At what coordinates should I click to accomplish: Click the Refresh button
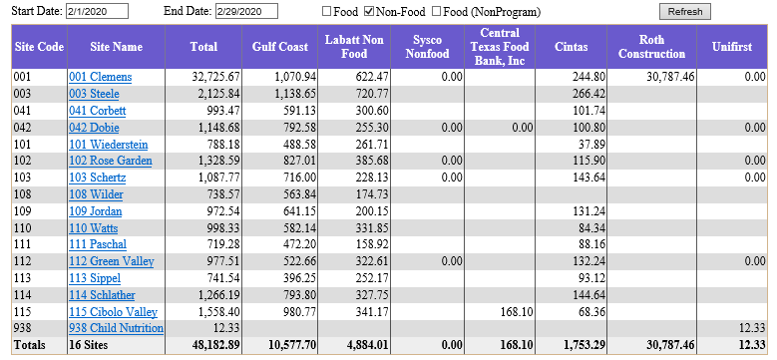pyautogui.click(x=684, y=12)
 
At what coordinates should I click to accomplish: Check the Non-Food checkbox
pyautogui.click(x=369, y=12)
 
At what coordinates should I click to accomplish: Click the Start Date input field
pyautogui.click(x=98, y=12)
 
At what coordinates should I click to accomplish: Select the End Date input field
pyautogui.click(x=245, y=12)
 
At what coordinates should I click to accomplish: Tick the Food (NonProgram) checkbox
pyautogui.click(x=436, y=12)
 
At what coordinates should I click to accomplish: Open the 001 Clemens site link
pyautogui.click(x=100, y=77)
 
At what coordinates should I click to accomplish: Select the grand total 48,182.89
pyautogui.click(x=215, y=346)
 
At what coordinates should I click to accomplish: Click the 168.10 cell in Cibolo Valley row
pyautogui.click(x=515, y=312)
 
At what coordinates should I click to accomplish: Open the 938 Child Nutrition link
pyautogui.click(x=116, y=329)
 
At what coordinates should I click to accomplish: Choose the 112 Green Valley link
pyautogui.click(x=111, y=261)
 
